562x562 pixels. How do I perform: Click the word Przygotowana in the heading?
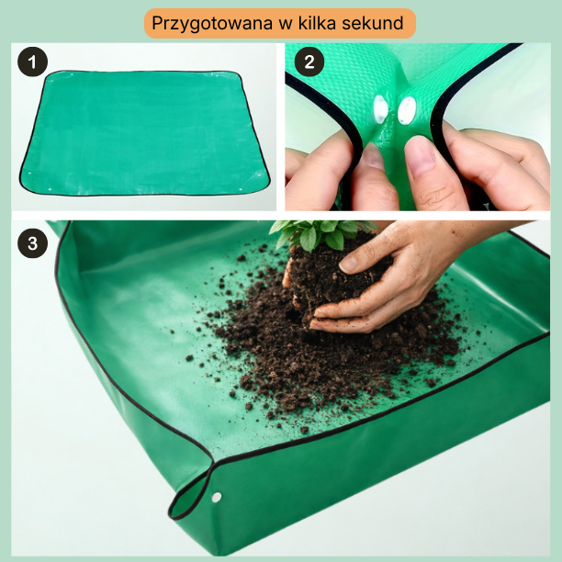pyautogui.click(x=212, y=24)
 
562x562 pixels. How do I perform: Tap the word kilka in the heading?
pyautogui.click(x=317, y=23)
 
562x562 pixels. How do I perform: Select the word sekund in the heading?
pyautogui.click(x=373, y=23)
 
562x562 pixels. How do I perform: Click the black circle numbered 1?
pyautogui.click(x=33, y=62)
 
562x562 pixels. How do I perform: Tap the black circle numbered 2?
pyautogui.click(x=309, y=62)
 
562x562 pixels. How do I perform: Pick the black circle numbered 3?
pyautogui.click(x=33, y=243)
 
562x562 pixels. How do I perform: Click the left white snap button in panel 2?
pyautogui.click(x=380, y=109)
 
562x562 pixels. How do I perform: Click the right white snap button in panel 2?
pyautogui.click(x=407, y=110)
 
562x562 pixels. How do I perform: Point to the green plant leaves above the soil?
pyautogui.click(x=322, y=233)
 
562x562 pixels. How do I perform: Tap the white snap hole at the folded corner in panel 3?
pyautogui.click(x=217, y=497)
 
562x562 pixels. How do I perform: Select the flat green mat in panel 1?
pyautogui.click(x=145, y=133)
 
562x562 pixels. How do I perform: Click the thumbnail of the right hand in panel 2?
pyautogui.click(x=421, y=154)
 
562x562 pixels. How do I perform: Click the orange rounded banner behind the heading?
pyautogui.click(x=280, y=23)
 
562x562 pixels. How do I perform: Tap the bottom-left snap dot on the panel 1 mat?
pyautogui.click(x=50, y=189)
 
